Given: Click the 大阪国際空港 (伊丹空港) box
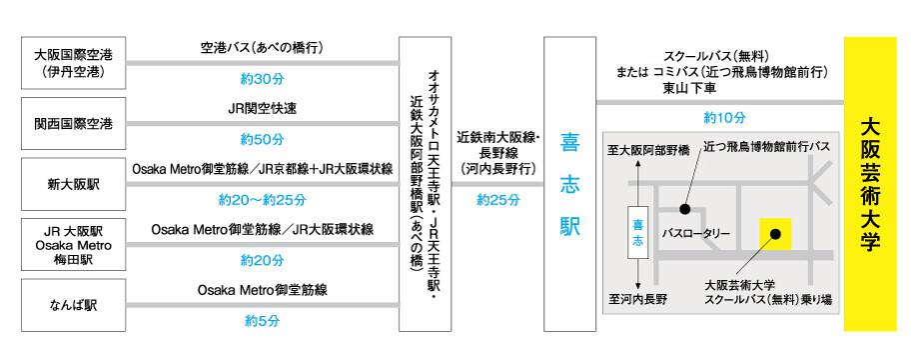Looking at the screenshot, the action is [73, 64].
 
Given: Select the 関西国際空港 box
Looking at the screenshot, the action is [73, 124].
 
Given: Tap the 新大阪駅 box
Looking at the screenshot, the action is [73, 184].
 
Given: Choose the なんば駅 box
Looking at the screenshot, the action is [73, 305].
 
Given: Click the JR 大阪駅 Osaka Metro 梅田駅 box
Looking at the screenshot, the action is [73, 245].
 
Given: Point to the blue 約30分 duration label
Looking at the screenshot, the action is [262, 79].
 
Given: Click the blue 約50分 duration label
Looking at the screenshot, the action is [262, 140].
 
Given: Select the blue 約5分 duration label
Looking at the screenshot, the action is [262, 321].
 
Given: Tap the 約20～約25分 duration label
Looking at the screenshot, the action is [262, 200].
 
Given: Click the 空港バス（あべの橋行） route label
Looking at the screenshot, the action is [262, 48].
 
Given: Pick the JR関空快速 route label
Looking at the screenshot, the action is [262, 109].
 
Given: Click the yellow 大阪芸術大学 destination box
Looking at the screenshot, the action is [870, 184].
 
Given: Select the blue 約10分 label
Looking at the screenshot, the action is [725, 117].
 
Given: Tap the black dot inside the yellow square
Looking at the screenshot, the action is [775, 234].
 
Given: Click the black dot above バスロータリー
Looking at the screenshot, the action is [684, 208].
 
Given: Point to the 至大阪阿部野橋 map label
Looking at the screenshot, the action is [647, 151].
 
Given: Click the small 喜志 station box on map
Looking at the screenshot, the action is [638, 232].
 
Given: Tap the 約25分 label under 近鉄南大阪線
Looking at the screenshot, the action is [497, 200].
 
